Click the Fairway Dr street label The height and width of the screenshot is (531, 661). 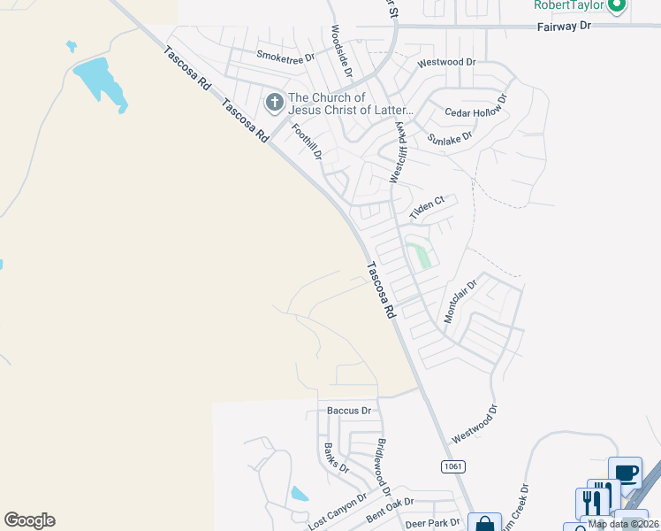click(564, 27)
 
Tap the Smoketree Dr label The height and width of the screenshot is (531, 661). click(285, 57)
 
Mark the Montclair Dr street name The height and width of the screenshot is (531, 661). click(460, 301)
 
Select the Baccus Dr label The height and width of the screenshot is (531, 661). click(349, 411)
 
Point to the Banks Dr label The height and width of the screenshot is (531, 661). click(337, 458)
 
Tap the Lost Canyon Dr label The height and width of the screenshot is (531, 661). click(337, 513)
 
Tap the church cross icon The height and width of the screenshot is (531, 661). click(274, 104)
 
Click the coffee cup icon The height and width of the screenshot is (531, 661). click(626, 473)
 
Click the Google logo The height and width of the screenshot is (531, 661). click(29, 520)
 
